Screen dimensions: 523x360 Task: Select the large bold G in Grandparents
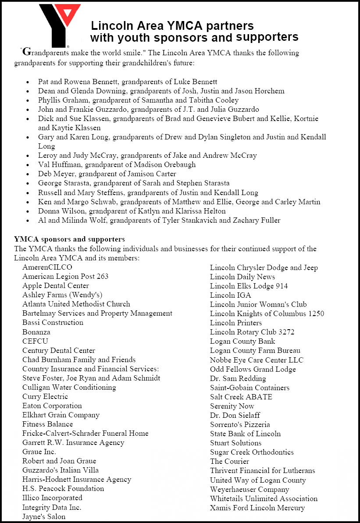(x=26, y=52)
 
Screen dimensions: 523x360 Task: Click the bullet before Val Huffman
(x=29, y=165)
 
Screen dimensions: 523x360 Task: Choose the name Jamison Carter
(x=156, y=174)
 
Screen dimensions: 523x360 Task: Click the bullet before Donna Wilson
(x=29, y=211)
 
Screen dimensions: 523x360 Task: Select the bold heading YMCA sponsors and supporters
(x=69, y=239)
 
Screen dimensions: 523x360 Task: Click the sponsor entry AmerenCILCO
(x=47, y=267)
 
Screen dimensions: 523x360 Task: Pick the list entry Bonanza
(x=36, y=332)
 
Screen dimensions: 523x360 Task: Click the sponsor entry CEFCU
(x=36, y=341)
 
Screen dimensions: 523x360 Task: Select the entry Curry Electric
(x=45, y=396)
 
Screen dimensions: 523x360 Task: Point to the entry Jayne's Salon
(x=44, y=516)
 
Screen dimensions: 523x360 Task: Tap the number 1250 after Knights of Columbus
(x=316, y=313)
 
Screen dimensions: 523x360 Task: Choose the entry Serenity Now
(x=232, y=406)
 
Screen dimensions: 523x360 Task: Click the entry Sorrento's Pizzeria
(x=240, y=424)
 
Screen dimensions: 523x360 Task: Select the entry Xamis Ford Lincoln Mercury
(x=257, y=508)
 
